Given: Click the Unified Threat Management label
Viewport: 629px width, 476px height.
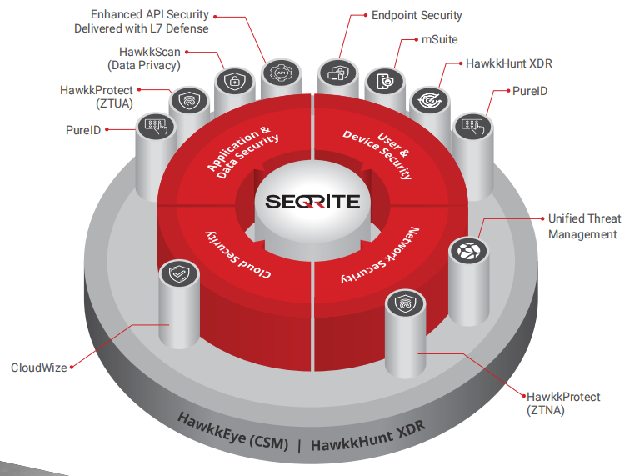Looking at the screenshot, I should pos(583,226).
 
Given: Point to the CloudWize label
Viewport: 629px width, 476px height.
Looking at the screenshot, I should pos(38,367).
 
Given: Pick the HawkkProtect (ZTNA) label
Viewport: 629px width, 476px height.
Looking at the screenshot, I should pos(562,403).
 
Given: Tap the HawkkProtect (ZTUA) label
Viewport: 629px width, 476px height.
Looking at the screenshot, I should pos(96,97).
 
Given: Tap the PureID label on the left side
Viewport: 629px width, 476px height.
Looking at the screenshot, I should pos(85,130).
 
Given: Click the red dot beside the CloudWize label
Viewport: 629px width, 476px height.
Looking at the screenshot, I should pos(73,366).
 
